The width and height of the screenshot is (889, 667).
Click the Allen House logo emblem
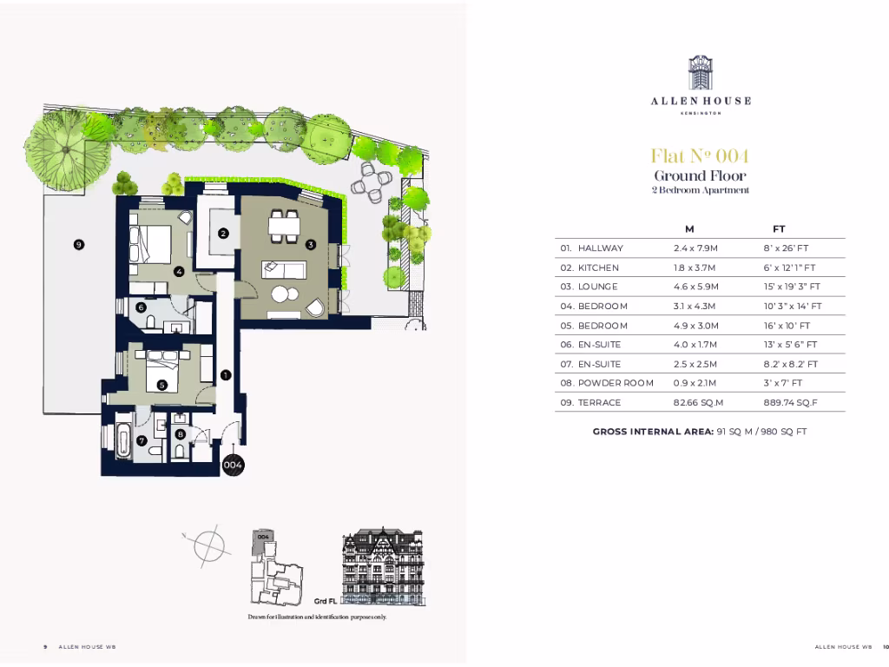point(701,74)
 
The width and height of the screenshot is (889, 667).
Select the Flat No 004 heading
point(700,156)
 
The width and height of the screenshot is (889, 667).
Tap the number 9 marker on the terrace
point(78,245)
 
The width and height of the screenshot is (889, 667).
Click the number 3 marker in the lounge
point(310,245)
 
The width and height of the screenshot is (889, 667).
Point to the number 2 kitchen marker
point(223,233)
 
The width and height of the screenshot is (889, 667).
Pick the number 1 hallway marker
point(225,375)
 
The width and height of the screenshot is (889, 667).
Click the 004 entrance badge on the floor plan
point(232,466)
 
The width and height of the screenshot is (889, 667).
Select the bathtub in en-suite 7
point(123,439)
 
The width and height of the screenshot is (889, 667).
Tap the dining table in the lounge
point(285,226)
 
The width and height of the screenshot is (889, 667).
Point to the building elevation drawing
point(383,565)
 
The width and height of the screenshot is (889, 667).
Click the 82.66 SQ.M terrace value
point(698,403)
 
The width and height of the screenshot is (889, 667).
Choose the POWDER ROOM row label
point(615,383)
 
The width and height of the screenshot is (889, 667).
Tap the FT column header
point(779,229)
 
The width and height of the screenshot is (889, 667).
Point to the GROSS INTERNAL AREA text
point(653,431)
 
